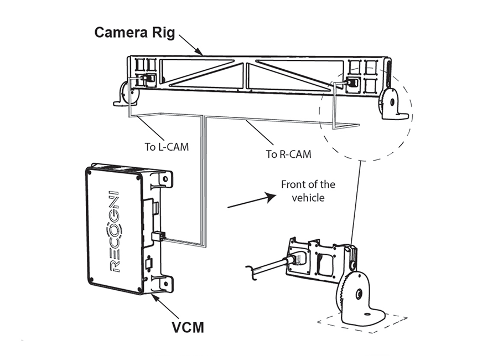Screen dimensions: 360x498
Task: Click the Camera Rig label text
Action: (134, 32)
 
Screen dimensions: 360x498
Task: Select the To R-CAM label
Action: (288, 153)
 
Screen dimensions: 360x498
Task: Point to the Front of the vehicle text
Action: (308, 190)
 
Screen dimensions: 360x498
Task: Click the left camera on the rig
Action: (148, 79)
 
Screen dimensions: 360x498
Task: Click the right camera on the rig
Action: (351, 83)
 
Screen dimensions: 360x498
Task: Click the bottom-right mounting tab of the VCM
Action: (164, 283)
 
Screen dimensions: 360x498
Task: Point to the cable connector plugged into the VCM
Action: (158, 238)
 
